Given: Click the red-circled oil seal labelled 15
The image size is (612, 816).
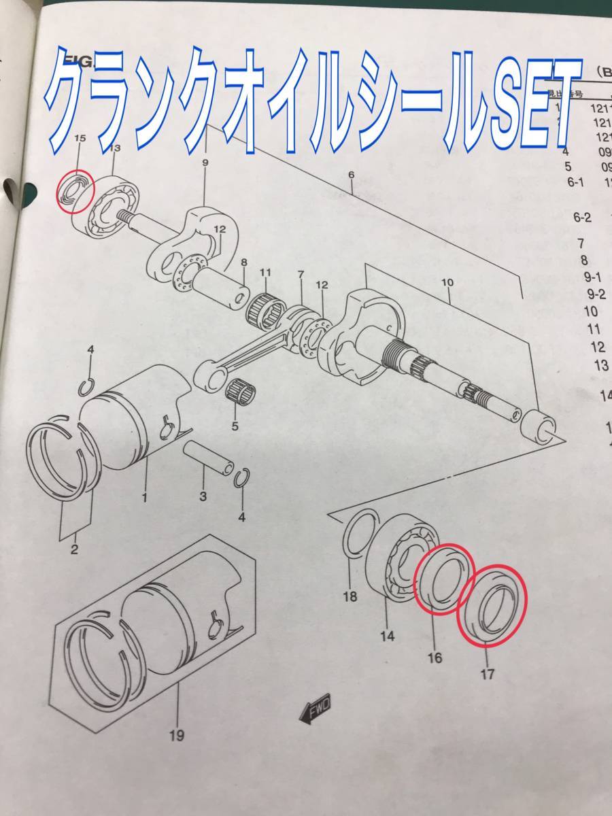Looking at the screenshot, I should click(75, 191).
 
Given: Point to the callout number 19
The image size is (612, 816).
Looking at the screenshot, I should click(177, 735).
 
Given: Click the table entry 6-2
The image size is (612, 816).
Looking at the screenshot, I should click(583, 218).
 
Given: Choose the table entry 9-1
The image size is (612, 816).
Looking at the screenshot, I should click(593, 277).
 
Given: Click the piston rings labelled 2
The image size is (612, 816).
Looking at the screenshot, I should click(63, 462).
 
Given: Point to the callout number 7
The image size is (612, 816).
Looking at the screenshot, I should click(301, 273).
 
